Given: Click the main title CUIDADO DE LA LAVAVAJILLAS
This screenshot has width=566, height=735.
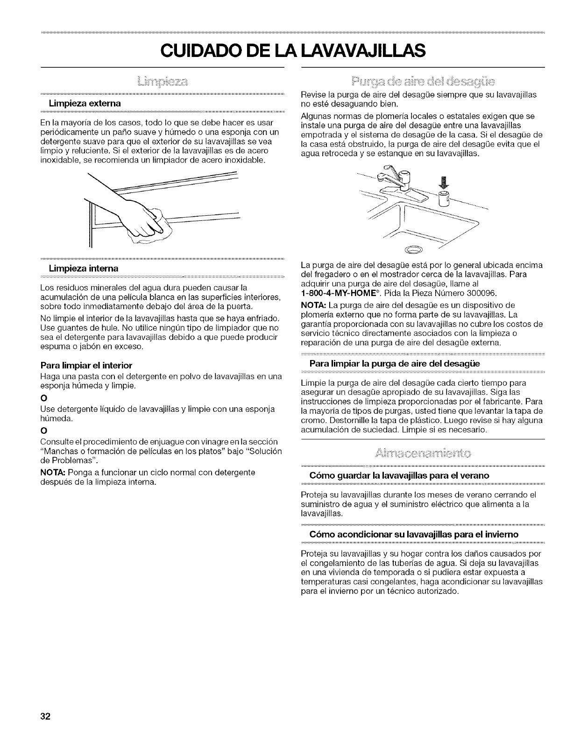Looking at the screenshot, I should coord(283,49).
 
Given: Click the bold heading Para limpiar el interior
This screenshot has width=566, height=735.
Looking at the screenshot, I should coord(87,365).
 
